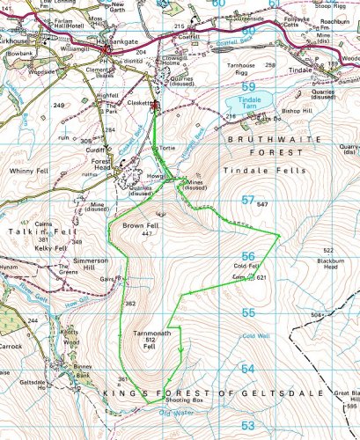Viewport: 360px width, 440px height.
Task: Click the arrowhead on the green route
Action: [181, 355]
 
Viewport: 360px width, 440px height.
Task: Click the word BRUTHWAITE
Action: [262, 139]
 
